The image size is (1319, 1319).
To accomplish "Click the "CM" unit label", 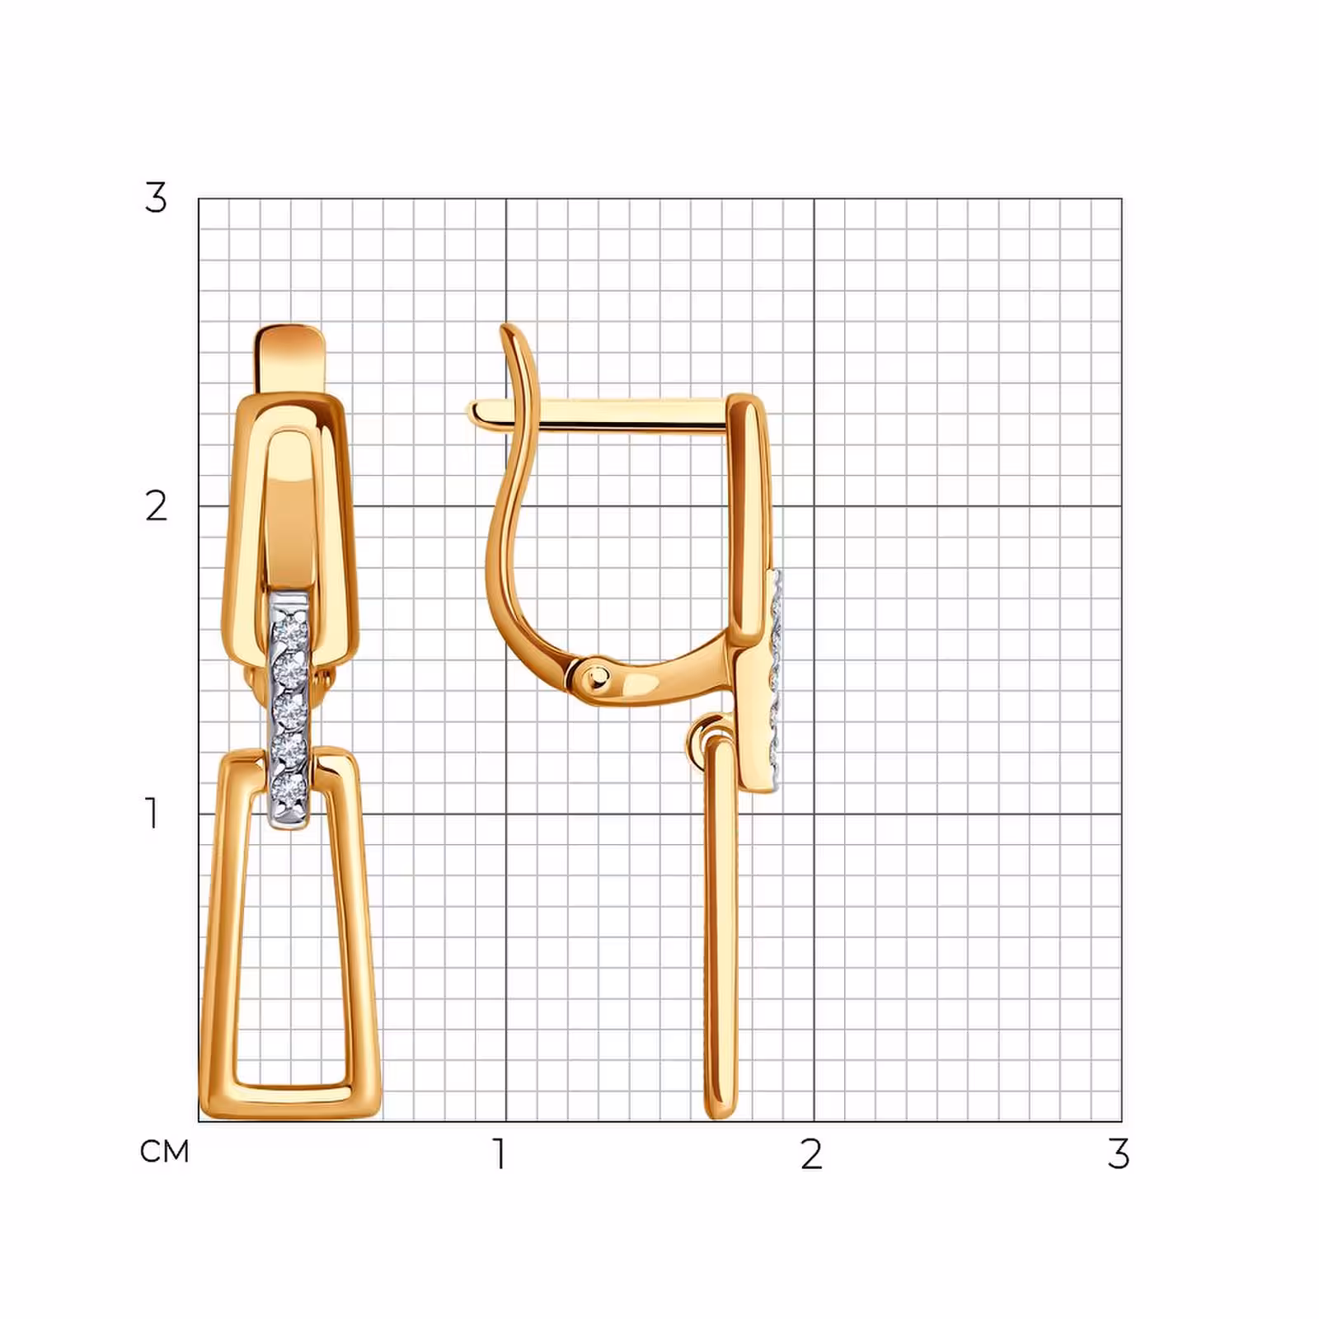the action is click(165, 1152).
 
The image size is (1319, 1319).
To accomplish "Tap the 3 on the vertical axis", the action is click(156, 198).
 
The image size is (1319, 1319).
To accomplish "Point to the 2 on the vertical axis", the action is click(156, 505).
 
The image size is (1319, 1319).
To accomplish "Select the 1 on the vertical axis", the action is click(153, 813).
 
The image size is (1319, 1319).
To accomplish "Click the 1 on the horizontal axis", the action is click(499, 1154).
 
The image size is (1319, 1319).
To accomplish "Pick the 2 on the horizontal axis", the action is click(812, 1154).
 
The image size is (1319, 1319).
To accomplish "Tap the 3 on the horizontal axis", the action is click(1119, 1154).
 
